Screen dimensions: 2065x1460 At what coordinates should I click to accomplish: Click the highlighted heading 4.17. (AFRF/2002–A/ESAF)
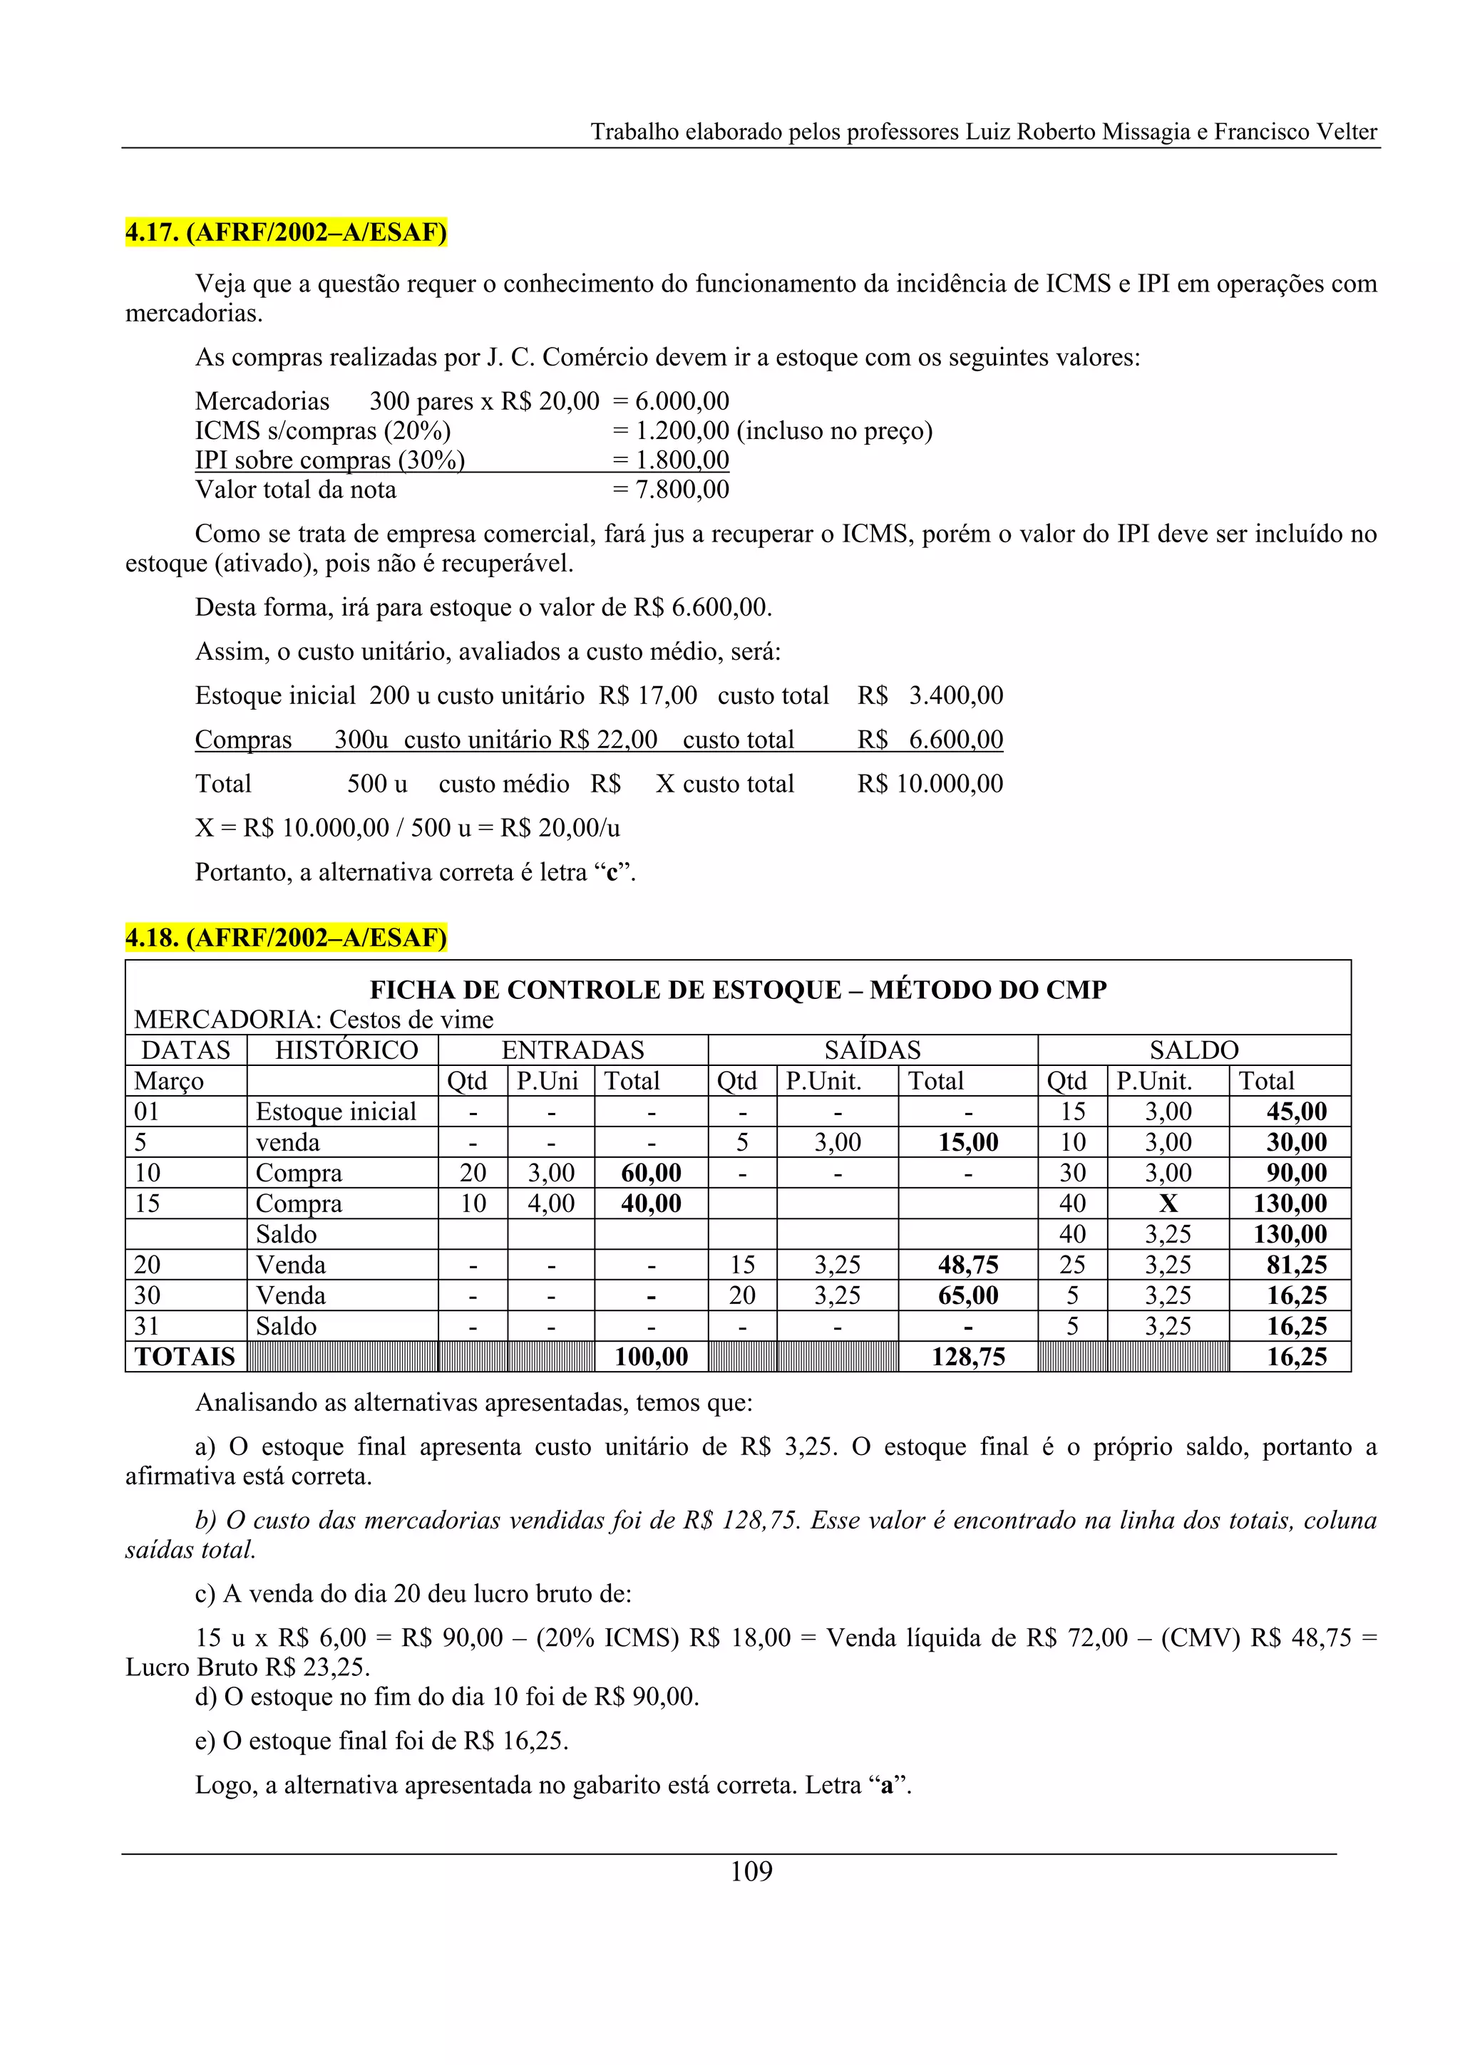pos(285,232)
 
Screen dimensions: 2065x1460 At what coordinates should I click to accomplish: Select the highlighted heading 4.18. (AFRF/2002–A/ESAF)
pos(285,937)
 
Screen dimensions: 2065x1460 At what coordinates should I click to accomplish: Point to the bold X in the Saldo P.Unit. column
pos(1168,1204)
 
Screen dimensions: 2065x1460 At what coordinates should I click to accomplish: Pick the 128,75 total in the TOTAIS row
pos(968,1356)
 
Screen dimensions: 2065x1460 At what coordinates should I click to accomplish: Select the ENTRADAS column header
pos(572,1050)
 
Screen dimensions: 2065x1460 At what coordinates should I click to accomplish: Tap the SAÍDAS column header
pos(872,1050)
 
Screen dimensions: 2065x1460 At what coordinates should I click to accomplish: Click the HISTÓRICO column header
pos(346,1050)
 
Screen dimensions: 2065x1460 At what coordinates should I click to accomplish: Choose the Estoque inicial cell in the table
pos(336,1112)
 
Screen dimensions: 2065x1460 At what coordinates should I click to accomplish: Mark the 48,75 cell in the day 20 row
pos(968,1265)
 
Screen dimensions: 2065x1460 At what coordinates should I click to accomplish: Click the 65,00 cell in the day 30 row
pos(968,1295)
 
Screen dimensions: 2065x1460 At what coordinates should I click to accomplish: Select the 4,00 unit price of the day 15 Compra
pos(550,1204)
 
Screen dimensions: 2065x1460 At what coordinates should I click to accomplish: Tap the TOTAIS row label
pos(185,1356)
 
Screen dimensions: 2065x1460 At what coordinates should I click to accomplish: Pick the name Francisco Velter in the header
pos(1295,133)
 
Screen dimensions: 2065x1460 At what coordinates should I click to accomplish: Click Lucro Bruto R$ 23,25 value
pos(247,1667)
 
